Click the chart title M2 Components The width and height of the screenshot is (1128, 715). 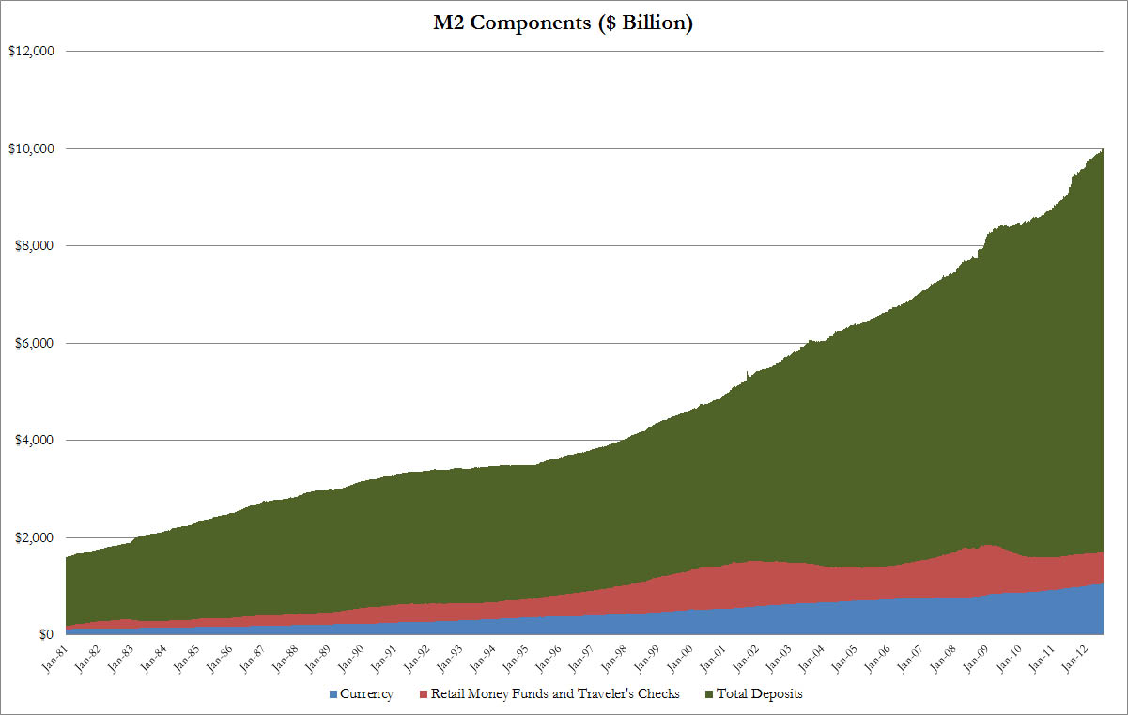(x=564, y=23)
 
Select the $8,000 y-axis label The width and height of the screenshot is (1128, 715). (x=32, y=246)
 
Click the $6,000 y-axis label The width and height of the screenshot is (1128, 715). (x=32, y=343)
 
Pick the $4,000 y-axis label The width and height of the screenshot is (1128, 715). (x=32, y=441)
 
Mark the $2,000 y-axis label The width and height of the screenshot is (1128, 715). (x=32, y=537)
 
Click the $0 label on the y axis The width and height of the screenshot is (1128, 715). (x=45, y=635)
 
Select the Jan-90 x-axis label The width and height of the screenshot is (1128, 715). (x=353, y=655)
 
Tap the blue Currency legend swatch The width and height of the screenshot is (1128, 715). (x=333, y=695)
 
